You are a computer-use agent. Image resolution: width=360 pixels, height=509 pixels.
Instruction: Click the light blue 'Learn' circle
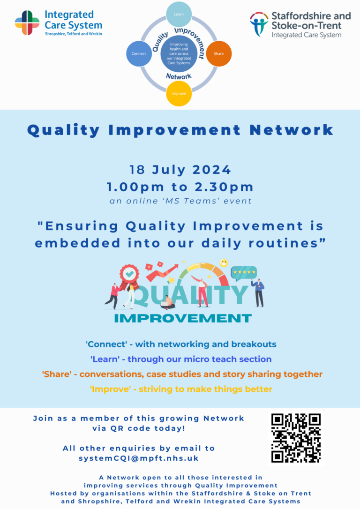(x=179, y=15)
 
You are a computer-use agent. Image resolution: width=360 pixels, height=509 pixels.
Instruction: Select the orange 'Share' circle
(x=218, y=53)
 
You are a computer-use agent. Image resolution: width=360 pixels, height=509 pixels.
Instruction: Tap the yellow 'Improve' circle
(x=179, y=93)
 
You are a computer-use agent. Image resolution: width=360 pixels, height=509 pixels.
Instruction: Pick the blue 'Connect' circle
(x=138, y=53)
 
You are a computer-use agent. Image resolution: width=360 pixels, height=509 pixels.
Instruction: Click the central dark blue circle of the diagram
(x=179, y=54)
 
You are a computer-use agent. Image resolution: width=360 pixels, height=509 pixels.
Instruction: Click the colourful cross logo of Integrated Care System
(x=27, y=22)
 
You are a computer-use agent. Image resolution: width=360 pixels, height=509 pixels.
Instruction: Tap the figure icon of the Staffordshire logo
(x=259, y=24)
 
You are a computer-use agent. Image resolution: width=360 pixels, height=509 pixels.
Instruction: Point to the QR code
(x=296, y=438)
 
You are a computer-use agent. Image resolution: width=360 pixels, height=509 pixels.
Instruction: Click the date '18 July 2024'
(x=180, y=170)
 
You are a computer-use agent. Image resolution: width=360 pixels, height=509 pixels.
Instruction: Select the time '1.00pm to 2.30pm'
(x=180, y=187)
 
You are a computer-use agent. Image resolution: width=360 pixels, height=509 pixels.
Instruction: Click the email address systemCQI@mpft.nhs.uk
(x=139, y=458)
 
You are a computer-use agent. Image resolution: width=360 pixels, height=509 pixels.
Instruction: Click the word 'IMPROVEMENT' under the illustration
(x=183, y=318)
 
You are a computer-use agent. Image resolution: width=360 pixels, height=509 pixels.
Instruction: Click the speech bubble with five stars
(x=244, y=273)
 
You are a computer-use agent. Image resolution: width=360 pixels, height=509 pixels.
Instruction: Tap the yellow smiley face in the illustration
(x=224, y=263)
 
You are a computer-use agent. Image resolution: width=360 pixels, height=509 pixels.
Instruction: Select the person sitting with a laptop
(x=168, y=303)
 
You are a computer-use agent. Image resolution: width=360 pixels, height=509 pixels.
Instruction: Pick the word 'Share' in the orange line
(x=52, y=374)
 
